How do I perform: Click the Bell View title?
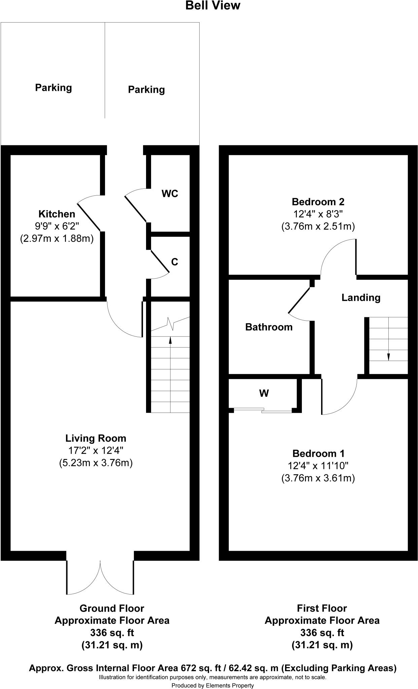coord(213,6)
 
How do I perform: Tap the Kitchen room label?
coord(57,214)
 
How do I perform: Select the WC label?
coord(170,194)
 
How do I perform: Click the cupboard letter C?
coord(174,262)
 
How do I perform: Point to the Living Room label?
coord(96,438)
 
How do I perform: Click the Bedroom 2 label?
coord(318,202)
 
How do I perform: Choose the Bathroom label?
coord(269,327)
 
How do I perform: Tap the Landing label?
coord(361,297)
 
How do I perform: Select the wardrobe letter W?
coord(264,393)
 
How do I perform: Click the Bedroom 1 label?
coord(318,454)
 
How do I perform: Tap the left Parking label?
coord(54,88)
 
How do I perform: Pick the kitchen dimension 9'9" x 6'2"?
coord(57,226)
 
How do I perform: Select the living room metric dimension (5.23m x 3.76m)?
coord(96,463)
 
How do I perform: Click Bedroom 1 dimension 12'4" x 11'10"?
coord(318,466)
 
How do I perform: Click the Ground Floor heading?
coord(112,608)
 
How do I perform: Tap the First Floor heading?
coord(322,608)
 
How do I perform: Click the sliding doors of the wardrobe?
coord(263,410)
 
